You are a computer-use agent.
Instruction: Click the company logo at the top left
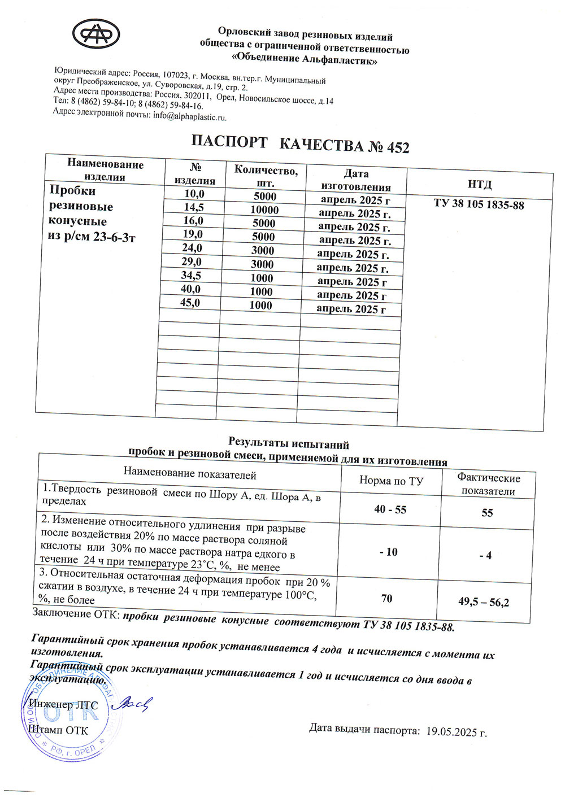(96, 35)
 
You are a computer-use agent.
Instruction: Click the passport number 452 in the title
(398, 148)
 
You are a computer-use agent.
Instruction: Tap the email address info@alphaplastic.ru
(189, 116)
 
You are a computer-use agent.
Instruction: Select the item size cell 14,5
(194, 207)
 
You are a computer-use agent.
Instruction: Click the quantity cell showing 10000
(264, 210)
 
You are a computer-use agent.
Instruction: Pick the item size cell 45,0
(190, 303)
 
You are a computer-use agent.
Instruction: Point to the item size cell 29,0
(192, 262)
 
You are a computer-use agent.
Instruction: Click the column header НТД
(480, 184)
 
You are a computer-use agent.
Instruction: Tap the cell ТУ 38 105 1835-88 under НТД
(479, 204)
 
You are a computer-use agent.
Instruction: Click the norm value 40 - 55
(390, 509)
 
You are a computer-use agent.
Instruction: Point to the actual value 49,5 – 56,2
(483, 602)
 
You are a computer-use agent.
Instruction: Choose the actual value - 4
(485, 556)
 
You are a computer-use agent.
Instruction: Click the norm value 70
(386, 598)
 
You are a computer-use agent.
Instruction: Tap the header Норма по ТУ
(391, 481)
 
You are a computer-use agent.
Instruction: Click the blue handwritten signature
(132, 703)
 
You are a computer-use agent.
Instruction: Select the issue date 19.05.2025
(456, 732)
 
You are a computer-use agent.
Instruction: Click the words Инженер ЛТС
(63, 705)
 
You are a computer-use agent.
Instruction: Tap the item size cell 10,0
(194, 194)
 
